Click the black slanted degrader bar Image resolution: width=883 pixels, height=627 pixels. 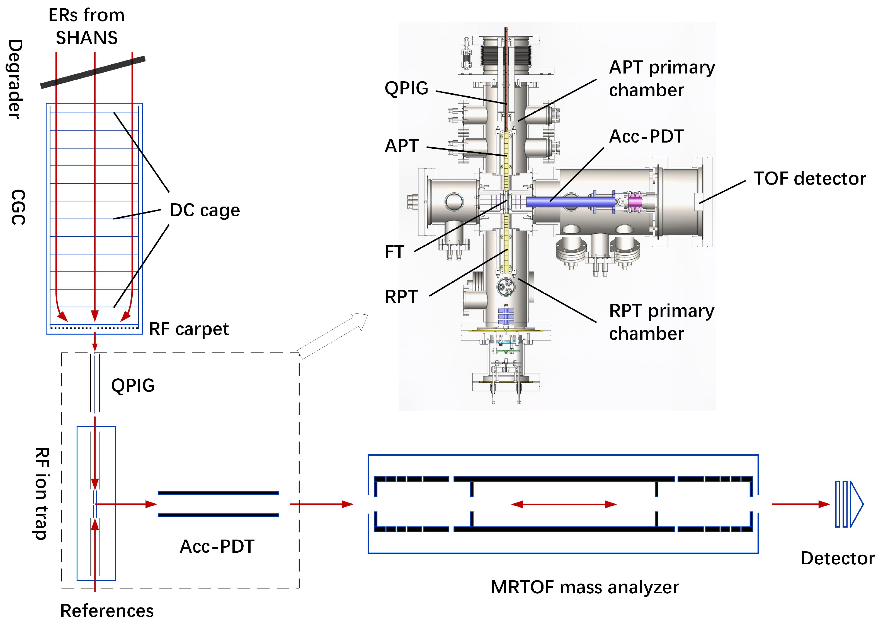pos(93,72)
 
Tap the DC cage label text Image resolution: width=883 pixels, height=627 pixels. pos(205,210)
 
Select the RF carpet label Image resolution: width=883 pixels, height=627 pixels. pos(189,329)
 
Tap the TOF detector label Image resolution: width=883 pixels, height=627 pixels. pos(810,179)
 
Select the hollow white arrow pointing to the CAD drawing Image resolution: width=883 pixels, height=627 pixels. pos(332,336)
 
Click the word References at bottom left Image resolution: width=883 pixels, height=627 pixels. pos(107,611)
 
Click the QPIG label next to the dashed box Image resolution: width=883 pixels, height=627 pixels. pos(133,386)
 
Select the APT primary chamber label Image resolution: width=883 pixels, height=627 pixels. pos(662,79)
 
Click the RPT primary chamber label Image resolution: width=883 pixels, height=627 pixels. pos(662,322)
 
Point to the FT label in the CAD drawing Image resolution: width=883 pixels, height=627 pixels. pos(394,252)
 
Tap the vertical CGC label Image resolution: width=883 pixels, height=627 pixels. pos(18,207)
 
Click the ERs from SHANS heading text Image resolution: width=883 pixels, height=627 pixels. pos(87,26)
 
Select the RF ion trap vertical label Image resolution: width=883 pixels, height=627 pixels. pos(41,493)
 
